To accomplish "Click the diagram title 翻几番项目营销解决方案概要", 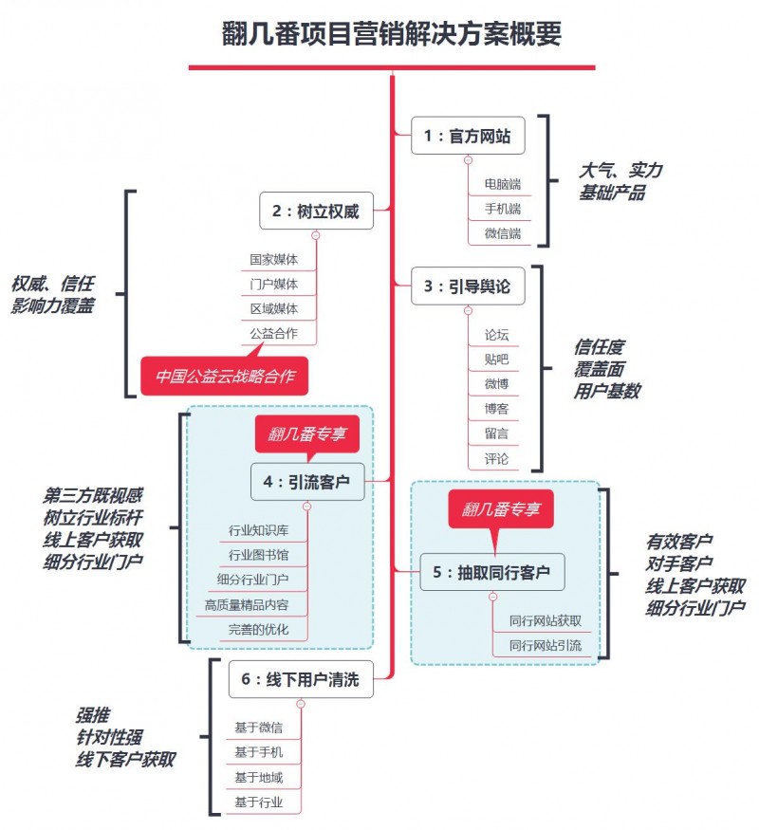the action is (x=392, y=34).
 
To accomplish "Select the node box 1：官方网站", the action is (x=468, y=136).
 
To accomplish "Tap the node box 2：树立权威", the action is (x=316, y=211).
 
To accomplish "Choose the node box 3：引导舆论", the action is (x=468, y=286).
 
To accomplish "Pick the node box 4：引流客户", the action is (x=307, y=482).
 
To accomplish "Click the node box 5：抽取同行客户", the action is (x=492, y=572).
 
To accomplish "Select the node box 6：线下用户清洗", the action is (x=301, y=679).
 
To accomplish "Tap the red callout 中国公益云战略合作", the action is (x=225, y=376).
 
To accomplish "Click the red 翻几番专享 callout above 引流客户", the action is (x=307, y=434).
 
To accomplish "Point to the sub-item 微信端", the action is (x=503, y=233).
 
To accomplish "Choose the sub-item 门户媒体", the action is (x=273, y=285).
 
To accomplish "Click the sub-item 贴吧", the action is (x=496, y=360).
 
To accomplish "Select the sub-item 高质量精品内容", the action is (x=247, y=605).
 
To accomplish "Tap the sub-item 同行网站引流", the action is (x=546, y=646).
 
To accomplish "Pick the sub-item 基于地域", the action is (x=259, y=778).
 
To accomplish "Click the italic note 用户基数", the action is (x=607, y=391).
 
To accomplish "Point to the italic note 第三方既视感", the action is (x=93, y=496).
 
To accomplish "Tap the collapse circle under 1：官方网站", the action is (x=468, y=160).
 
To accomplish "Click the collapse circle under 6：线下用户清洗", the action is (x=301, y=704).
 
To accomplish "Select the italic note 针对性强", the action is (x=109, y=737).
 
